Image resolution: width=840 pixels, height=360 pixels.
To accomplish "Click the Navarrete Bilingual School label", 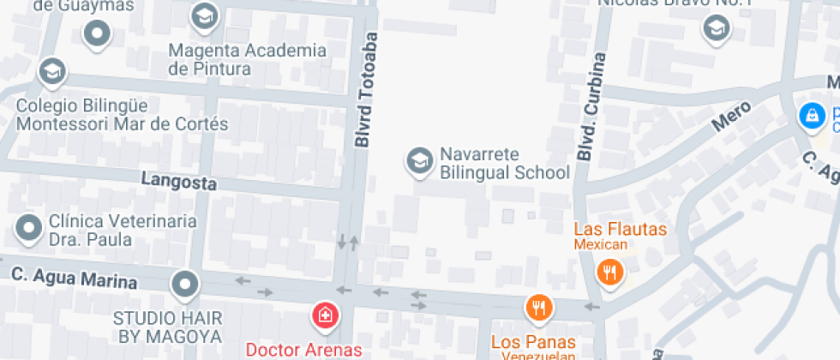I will pos(504,164).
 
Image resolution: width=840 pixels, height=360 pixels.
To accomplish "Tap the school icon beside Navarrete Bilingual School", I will pos(419,160).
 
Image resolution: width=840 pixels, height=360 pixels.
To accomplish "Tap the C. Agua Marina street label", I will pos(74,279).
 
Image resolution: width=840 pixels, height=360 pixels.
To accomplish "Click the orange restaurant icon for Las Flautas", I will pos(609,273).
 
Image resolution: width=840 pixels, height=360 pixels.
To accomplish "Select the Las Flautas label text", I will pos(620,229).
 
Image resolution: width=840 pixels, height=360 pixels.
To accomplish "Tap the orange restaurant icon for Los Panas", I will pos(538,307).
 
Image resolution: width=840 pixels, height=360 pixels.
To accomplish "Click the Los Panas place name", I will pos(531,342).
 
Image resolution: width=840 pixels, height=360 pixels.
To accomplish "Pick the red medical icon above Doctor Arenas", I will pos(325,315).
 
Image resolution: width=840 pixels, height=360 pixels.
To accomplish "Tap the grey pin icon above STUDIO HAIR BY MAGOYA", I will pos(184,283).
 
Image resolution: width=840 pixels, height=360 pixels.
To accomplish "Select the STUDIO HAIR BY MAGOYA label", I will pos(168,327).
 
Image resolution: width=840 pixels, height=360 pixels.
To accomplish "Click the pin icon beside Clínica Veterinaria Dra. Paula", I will pos(30,229).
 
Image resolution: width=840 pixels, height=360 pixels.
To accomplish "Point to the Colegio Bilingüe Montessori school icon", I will pos(52,71).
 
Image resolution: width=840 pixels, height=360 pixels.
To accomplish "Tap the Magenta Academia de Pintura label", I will pos(247,59).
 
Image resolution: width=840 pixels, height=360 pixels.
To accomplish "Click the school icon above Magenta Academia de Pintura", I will pos(204,15).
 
